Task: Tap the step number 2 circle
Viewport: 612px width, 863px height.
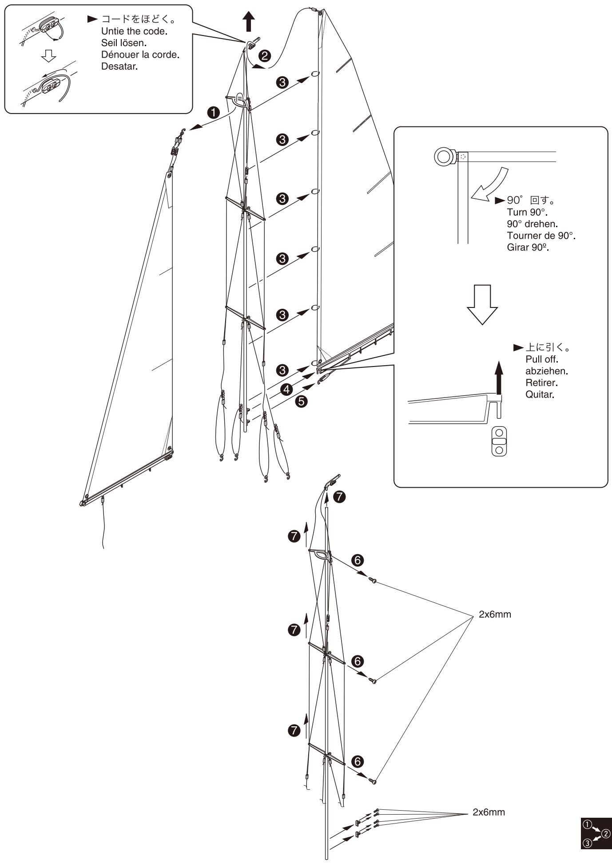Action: (265, 56)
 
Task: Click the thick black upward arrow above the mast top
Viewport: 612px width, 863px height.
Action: (250, 21)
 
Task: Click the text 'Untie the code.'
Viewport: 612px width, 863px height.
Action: (134, 32)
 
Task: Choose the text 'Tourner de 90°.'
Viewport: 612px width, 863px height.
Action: (541, 236)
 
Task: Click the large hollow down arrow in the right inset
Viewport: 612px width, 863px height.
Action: (482, 304)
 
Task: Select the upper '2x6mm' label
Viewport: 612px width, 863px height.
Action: (495, 615)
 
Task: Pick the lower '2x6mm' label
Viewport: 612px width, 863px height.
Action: (489, 812)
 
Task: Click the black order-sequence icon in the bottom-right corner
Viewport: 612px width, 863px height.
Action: (596, 833)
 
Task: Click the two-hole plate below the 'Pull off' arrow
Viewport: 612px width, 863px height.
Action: (499, 441)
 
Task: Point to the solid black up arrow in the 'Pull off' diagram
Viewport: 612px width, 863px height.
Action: (499, 378)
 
